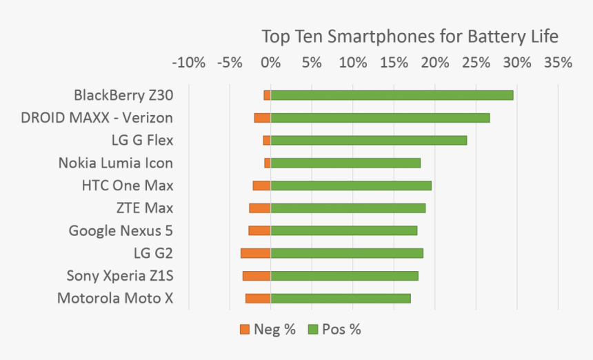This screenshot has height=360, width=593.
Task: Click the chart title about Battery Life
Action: [x=410, y=36]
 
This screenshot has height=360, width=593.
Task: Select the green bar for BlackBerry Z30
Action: [x=392, y=95]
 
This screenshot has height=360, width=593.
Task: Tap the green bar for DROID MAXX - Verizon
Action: [x=380, y=118]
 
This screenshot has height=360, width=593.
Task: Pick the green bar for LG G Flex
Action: [x=368, y=141]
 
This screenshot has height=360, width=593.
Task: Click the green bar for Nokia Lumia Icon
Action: [x=345, y=163]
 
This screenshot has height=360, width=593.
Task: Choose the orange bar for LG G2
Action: [x=256, y=253]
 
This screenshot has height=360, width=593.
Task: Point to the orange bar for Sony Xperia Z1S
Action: [x=257, y=276]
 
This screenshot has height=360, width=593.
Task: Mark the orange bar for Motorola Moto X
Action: [x=258, y=299]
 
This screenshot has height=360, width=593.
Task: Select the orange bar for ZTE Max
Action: [x=260, y=208]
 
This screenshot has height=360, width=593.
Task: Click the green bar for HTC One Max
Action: [x=351, y=186]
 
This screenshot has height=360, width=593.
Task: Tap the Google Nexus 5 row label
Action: [x=121, y=231]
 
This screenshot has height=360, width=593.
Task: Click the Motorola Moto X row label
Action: [x=115, y=299]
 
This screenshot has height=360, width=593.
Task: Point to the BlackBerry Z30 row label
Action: [x=123, y=95]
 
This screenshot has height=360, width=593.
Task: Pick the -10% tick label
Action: [x=188, y=63]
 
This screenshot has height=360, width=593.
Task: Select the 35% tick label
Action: [x=558, y=63]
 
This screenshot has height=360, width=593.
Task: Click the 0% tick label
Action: [x=271, y=63]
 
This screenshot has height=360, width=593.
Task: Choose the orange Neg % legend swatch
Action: [x=245, y=330]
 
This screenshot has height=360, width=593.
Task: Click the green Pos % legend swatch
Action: [x=312, y=330]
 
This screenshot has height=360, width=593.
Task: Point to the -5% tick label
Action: [x=230, y=63]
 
